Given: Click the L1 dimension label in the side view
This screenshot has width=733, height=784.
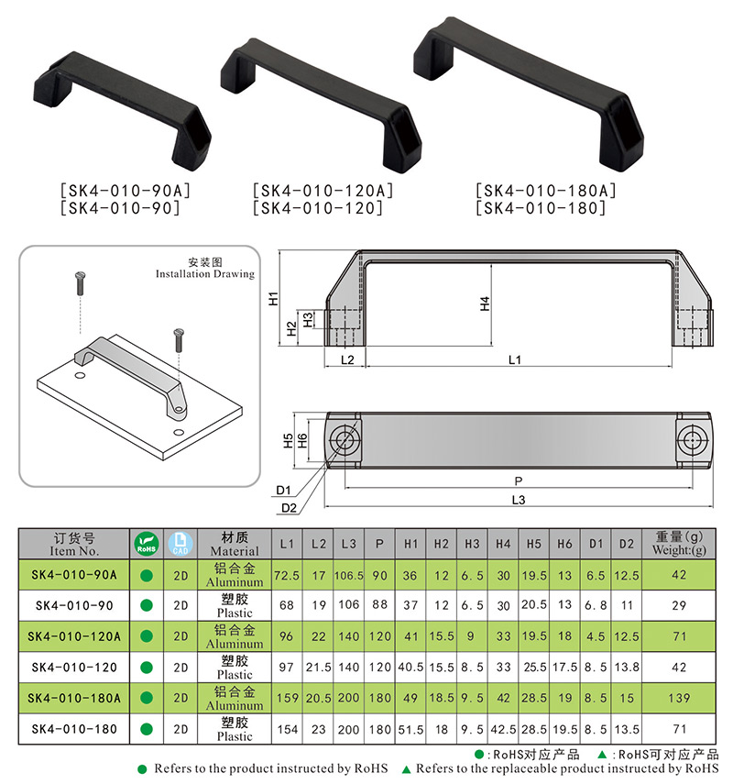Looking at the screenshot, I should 515,359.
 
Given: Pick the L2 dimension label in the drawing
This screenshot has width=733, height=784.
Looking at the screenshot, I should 347,359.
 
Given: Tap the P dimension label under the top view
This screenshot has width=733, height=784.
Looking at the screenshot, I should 519,480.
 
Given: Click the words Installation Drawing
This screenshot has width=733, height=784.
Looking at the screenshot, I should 204,274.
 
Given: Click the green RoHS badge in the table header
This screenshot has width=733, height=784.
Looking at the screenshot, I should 146,543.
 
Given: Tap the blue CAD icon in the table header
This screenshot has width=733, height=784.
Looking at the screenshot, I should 181,543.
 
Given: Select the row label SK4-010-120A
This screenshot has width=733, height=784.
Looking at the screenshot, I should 75,636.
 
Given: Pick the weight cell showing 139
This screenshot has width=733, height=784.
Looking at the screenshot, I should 680,699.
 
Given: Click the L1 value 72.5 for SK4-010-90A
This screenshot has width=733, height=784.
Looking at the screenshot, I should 287,575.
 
